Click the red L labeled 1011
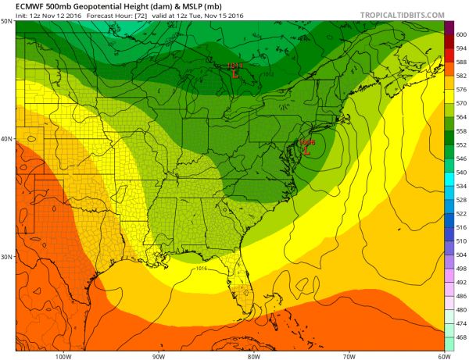(235, 77)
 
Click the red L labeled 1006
(306, 151)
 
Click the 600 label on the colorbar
(460, 34)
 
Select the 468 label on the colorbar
(460, 337)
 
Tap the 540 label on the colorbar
(460, 172)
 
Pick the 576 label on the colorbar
(460, 90)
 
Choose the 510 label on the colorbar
(460, 241)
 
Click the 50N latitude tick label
(7, 21)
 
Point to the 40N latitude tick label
(7, 139)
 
